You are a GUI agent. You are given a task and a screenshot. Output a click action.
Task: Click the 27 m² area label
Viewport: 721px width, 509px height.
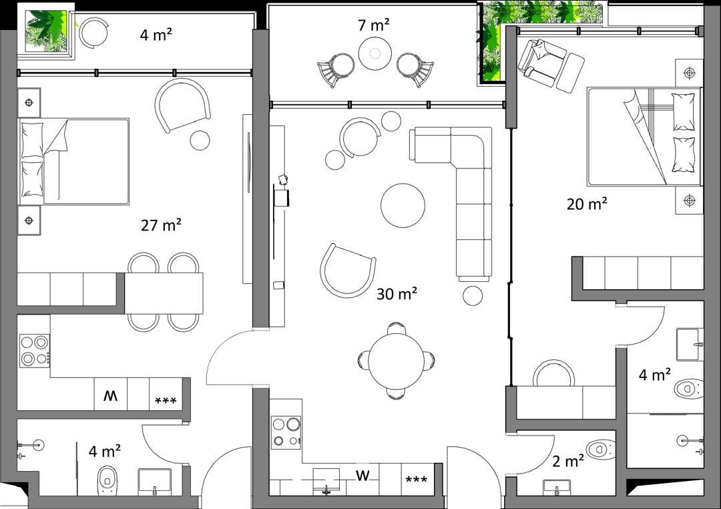(x=161, y=225)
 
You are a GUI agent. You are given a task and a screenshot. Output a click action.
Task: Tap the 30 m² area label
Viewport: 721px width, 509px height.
(x=397, y=293)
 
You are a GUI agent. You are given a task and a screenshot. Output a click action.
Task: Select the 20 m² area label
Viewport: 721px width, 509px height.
(x=587, y=204)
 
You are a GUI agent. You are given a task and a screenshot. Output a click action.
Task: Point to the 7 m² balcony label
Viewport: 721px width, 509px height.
(x=374, y=25)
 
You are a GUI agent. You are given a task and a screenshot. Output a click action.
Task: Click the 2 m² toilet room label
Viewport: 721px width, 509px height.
(x=568, y=461)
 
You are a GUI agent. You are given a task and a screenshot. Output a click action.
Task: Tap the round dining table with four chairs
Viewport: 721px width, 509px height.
(x=396, y=361)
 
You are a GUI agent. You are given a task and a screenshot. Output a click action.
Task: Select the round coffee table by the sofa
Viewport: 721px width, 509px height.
(x=403, y=205)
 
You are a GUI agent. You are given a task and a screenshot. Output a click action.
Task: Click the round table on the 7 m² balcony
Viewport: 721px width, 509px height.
(x=375, y=53)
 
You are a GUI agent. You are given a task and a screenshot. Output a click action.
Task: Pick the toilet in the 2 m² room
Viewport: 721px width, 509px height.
(x=601, y=449)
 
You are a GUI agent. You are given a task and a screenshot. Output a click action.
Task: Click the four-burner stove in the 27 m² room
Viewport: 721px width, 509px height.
(x=35, y=350)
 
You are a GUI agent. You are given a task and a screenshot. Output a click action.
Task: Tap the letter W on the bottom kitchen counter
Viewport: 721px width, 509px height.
(x=363, y=476)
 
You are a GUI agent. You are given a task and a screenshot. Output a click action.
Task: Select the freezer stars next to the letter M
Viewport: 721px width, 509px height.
(x=166, y=401)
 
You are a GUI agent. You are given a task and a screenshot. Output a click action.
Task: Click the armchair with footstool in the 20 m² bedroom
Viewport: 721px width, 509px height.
(x=550, y=64)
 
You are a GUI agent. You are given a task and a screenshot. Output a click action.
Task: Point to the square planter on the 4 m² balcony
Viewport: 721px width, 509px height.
(x=46, y=30)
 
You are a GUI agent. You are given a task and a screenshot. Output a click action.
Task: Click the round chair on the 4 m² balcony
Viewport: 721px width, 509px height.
(x=94, y=33)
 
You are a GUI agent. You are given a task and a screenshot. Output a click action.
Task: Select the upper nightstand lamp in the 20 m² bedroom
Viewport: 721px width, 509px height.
(x=689, y=73)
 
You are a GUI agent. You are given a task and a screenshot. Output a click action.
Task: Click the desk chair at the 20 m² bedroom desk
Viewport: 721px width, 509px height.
(x=553, y=373)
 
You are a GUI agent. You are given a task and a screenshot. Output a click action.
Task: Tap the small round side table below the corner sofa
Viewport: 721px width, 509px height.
(x=473, y=295)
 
